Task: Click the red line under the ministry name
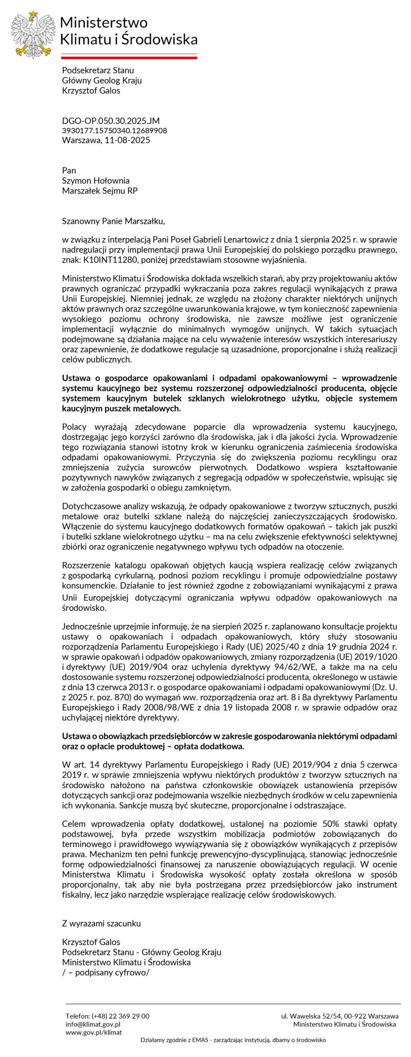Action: pos(129,58)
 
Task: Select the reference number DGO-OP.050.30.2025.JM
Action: pos(110,121)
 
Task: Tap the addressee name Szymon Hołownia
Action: pos(96,180)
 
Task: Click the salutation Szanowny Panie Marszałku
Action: pos(113,221)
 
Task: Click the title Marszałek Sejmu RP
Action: pos(100,191)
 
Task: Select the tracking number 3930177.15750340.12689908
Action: pos(115,130)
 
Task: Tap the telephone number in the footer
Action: pos(120,1016)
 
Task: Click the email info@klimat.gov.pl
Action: pos(93,1024)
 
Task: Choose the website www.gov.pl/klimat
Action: pos(93,1032)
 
